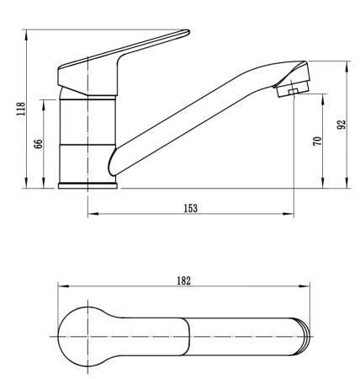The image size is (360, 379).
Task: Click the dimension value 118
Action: [19, 110]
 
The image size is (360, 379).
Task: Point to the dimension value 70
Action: [316, 140]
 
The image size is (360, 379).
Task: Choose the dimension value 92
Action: [341, 125]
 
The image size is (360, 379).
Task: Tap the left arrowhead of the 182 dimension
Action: [60, 286]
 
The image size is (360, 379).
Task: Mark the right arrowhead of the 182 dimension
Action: [310, 286]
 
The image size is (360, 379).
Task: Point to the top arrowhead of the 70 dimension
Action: [324, 94]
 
